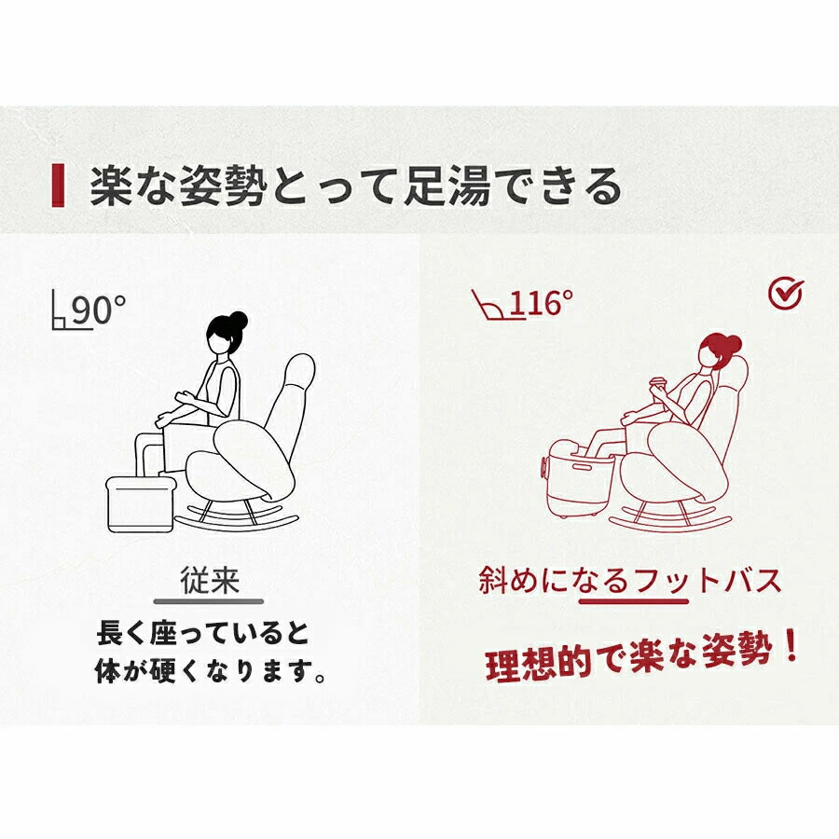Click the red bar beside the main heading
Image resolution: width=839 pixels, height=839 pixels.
click(x=58, y=186)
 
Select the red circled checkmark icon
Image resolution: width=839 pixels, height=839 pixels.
click(x=786, y=294)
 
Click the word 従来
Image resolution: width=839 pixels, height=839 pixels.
click(x=209, y=580)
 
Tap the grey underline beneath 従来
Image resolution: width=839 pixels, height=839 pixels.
click(x=209, y=601)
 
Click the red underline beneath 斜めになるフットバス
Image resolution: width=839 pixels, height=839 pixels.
click(x=634, y=601)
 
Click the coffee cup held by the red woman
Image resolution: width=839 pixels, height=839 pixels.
click(x=656, y=388)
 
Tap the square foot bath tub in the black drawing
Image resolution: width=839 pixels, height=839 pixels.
click(x=142, y=503)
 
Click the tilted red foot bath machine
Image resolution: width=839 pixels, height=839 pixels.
click(x=579, y=477)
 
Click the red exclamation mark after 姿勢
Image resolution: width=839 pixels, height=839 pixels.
click(x=791, y=645)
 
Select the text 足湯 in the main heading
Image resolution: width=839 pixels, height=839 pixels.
click(x=447, y=186)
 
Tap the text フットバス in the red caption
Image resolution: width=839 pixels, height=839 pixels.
click(x=708, y=580)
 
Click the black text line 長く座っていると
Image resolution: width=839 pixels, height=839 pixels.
click(x=203, y=634)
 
